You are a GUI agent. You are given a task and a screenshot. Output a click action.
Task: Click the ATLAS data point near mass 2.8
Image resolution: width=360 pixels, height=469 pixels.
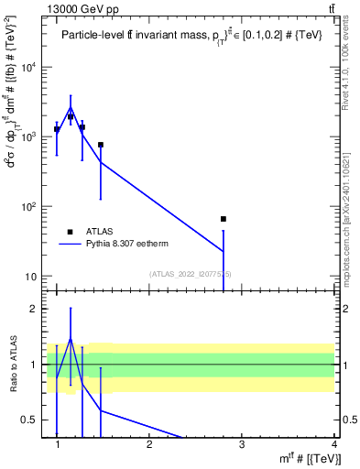click(x=224, y=219)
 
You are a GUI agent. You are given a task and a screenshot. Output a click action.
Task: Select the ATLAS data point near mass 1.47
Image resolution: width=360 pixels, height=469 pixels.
click(x=101, y=145)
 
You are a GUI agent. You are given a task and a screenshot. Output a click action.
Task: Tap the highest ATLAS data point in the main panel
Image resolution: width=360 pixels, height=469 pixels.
click(x=71, y=117)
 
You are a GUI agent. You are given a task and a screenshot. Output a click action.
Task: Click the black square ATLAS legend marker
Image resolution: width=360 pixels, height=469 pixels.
click(x=70, y=232)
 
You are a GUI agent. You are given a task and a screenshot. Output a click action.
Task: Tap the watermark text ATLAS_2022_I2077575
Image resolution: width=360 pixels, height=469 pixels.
click(x=191, y=275)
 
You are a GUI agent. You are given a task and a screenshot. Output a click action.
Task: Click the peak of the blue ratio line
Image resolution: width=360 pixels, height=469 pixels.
click(x=71, y=338)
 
